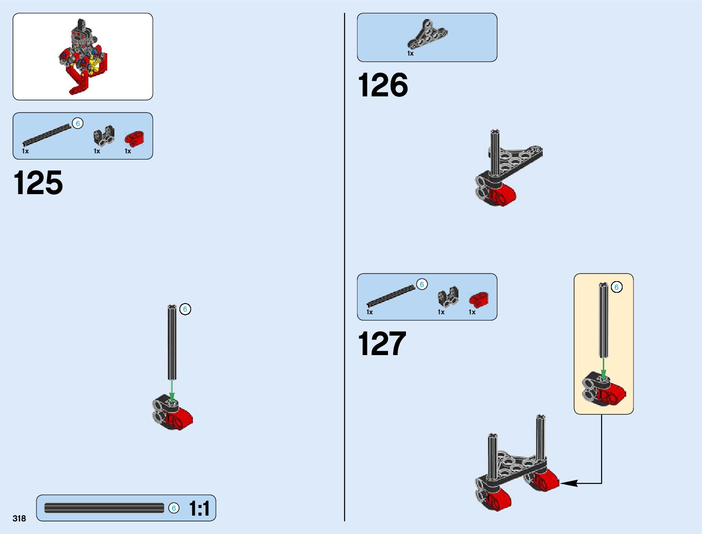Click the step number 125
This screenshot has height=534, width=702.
(x=39, y=183)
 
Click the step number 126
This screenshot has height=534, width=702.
(x=383, y=85)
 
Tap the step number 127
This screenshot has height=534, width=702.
(x=382, y=344)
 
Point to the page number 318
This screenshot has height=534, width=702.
(x=19, y=518)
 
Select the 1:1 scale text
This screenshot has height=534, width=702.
(x=199, y=508)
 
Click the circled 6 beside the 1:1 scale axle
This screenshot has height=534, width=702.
(x=174, y=508)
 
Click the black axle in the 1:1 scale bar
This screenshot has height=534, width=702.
(x=104, y=508)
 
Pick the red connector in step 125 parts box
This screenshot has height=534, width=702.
(x=134, y=139)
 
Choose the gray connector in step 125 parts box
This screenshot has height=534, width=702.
(x=104, y=136)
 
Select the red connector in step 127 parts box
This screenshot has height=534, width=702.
(x=479, y=299)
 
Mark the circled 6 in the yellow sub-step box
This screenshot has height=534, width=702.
(x=617, y=287)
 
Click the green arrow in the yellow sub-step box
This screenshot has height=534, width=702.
(x=604, y=369)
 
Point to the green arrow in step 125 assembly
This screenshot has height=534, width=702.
(x=171, y=389)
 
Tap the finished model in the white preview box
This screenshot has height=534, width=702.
(x=83, y=56)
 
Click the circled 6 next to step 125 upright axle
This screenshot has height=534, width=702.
(x=185, y=309)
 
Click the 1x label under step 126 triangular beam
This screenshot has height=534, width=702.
(x=410, y=53)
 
